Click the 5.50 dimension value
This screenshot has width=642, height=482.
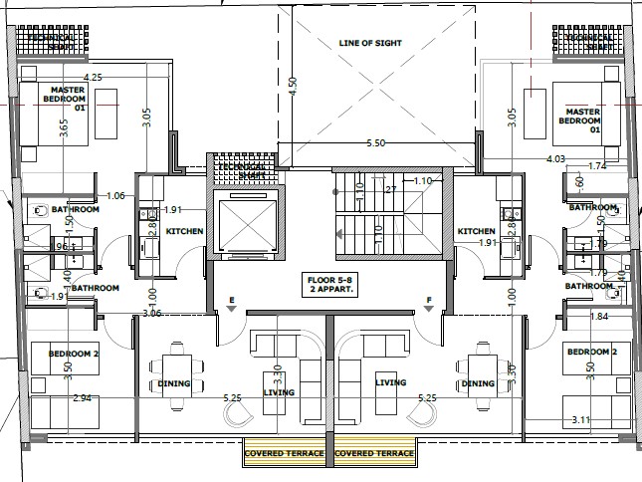pos(375,143)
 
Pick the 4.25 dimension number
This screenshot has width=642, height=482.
pos(94,77)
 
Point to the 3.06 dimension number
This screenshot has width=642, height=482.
pos(151,314)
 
